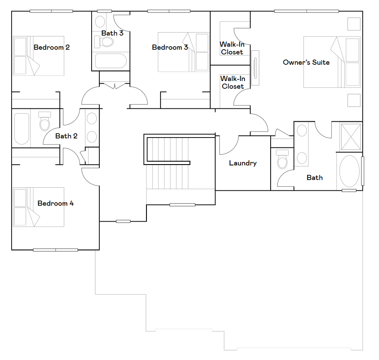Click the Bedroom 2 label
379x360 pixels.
click(x=51, y=47)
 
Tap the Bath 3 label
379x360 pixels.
click(x=112, y=33)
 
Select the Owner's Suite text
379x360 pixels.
click(x=306, y=62)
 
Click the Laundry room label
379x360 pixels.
click(x=243, y=163)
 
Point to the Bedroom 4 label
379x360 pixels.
click(x=55, y=203)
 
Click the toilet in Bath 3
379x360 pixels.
click(x=104, y=42)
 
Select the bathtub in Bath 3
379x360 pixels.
click(x=111, y=61)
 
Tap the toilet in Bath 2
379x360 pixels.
click(x=45, y=121)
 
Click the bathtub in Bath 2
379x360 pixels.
click(x=22, y=129)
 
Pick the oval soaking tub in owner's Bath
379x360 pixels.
click(x=349, y=171)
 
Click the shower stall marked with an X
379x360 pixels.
click(x=351, y=137)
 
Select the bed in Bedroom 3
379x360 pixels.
click(x=183, y=52)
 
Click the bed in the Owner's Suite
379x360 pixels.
click(x=332, y=62)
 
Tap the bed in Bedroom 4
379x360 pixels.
click(x=39, y=207)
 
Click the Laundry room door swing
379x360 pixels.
click(x=229, y=145)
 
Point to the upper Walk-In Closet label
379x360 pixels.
click(x=232, y=48)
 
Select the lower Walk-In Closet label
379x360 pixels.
click(x=233, y=82)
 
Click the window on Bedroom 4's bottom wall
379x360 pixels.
click(x=55, y=250)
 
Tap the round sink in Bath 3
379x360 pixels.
click(x=100, y=22)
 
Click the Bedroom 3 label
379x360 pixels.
click(x=170, y=47)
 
